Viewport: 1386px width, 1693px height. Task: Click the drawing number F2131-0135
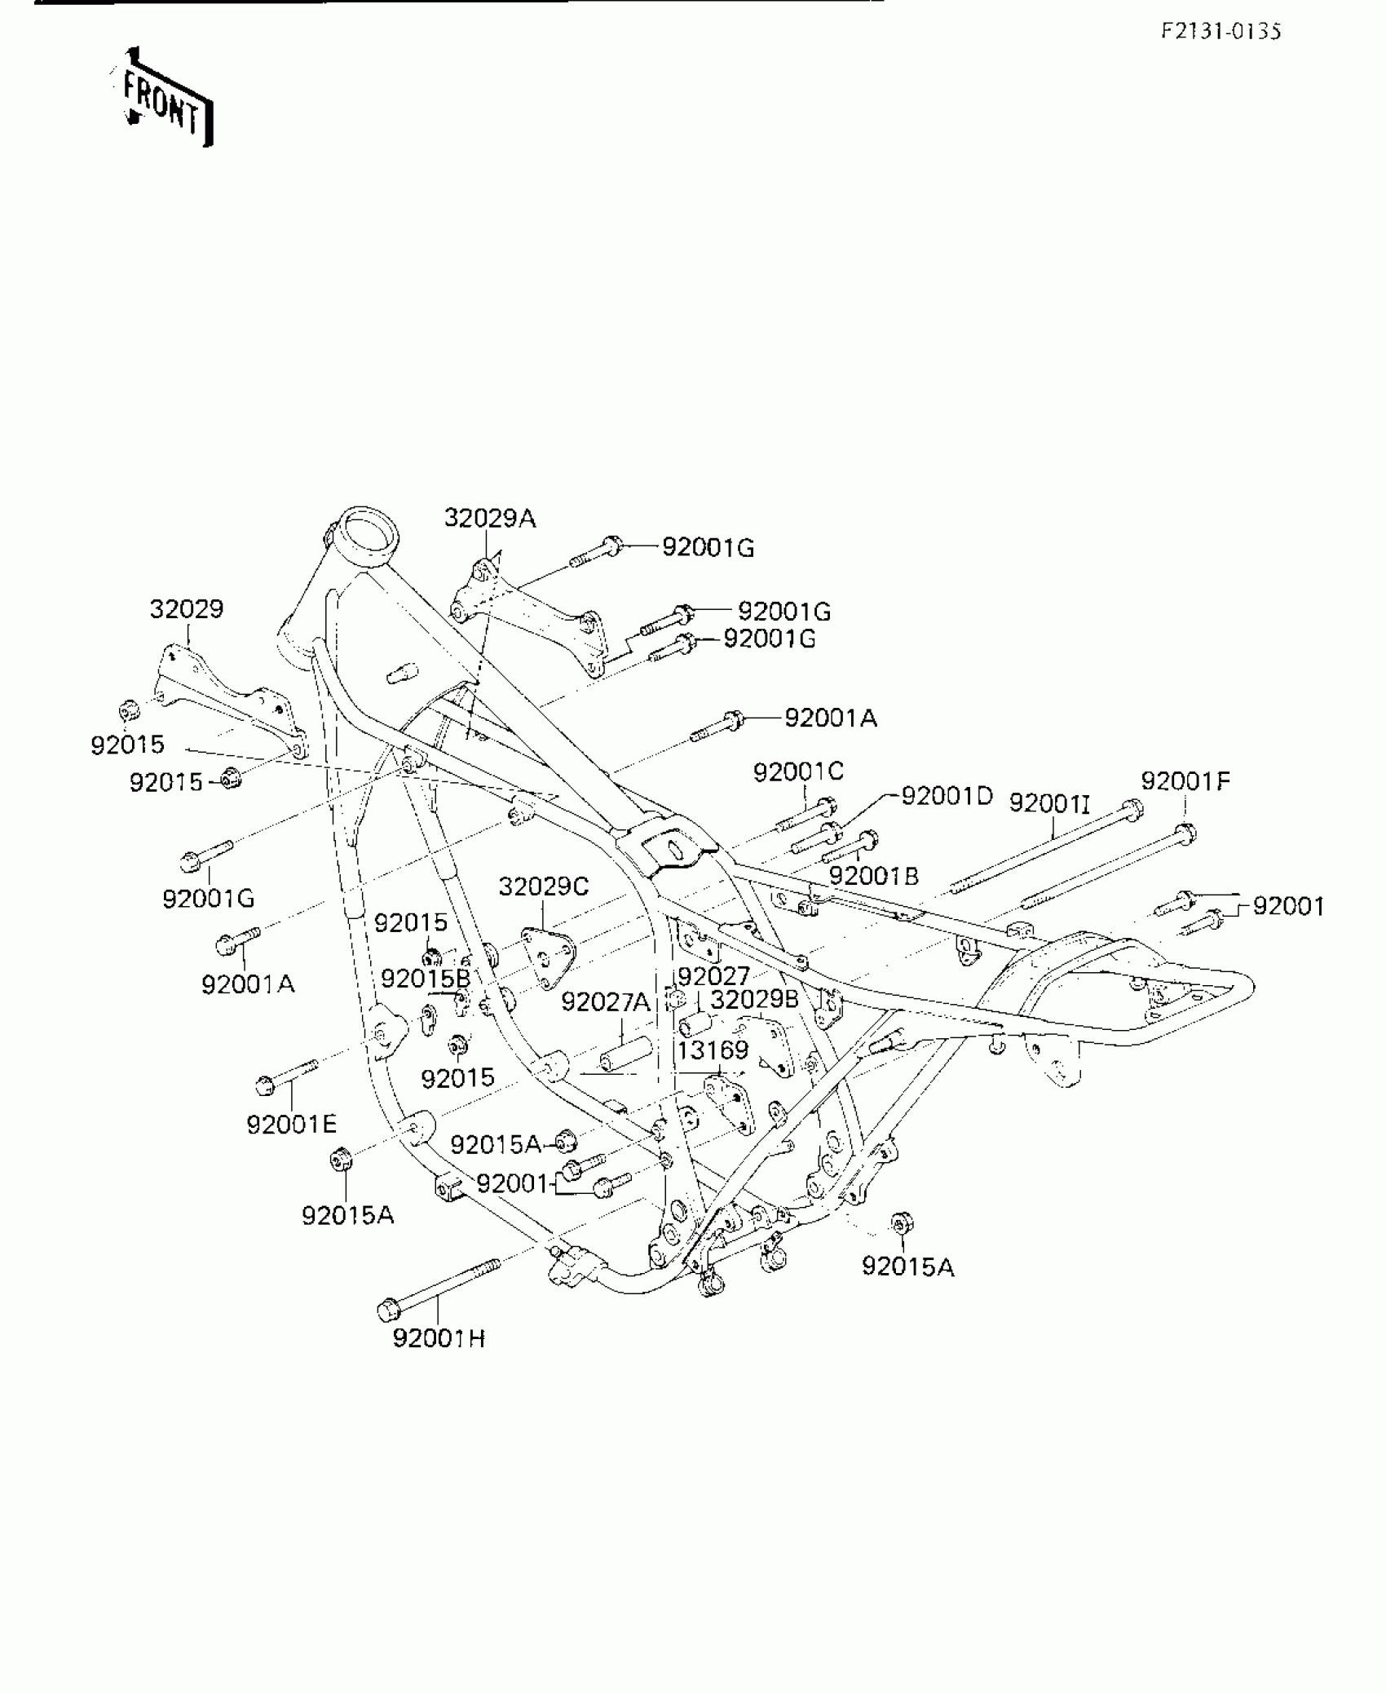point(1220,31)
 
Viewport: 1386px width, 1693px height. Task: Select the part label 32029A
point(489,518)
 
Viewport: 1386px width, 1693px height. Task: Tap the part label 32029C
point(543,886)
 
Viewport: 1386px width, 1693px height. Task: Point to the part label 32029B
point(754,999)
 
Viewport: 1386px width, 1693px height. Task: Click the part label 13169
point(712,1050)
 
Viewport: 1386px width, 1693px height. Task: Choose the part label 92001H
point(439,1338)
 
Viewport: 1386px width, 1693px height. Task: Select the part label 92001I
point(1048,803)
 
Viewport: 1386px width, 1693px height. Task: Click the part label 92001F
point(1185,781)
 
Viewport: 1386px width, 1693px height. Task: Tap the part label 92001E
point(291,1125)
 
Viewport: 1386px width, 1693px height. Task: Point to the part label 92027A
point(605,1002)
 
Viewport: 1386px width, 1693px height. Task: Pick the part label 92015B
point(426,978)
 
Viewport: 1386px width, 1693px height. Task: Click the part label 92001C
point(798,771)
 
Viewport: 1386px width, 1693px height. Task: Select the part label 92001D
point(947,795)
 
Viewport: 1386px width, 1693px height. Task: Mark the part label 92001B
point(873,876)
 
